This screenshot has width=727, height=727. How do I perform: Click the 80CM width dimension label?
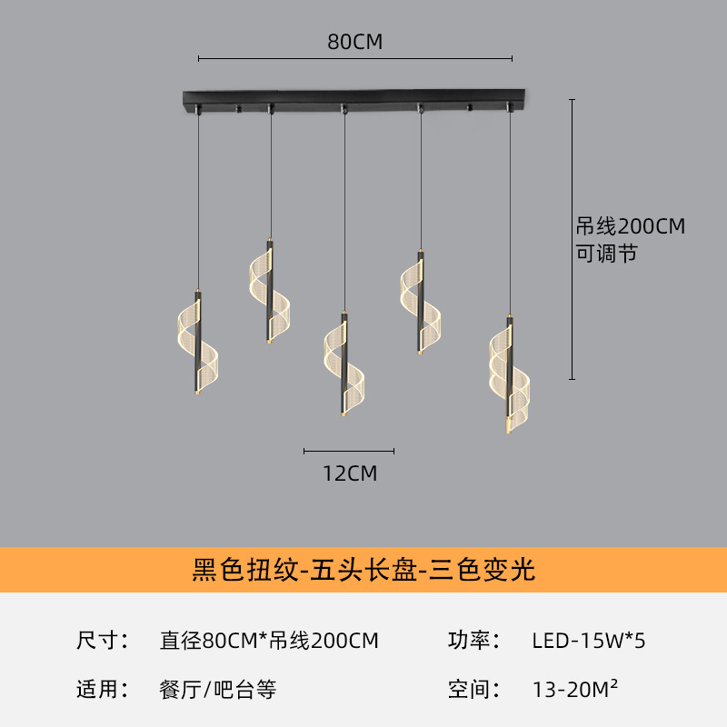[354, 42]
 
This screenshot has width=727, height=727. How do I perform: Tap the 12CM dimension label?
[350, 473]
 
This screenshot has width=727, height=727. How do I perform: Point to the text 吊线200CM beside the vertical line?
[631, 226]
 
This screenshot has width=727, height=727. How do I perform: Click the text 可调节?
[606, 254]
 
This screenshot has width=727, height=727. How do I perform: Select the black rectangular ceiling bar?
[354, 100]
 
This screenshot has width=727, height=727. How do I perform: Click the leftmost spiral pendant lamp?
[198, 343]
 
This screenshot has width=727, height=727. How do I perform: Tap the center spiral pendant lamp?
[344, 363]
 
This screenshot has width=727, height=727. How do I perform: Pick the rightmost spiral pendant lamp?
[509, 374]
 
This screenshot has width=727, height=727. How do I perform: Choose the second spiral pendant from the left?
[269, 291]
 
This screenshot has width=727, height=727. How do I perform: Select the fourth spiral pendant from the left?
[421, 303]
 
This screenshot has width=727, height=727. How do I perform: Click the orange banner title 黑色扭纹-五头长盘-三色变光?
[363, 570]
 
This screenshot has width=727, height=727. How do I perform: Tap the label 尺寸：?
[103, 641]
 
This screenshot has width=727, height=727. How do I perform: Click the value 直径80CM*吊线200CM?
[269, 641]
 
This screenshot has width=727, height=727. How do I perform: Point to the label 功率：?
[474, 641]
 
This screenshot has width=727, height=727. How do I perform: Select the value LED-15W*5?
[588, 641]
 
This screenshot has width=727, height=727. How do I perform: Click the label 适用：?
[103, 689]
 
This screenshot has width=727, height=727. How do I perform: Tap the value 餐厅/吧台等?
[218, 690]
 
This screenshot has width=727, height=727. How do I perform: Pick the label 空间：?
[474, 689]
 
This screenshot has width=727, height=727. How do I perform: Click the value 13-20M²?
[575, 689]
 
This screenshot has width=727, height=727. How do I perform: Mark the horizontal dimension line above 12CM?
[349, 451]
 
